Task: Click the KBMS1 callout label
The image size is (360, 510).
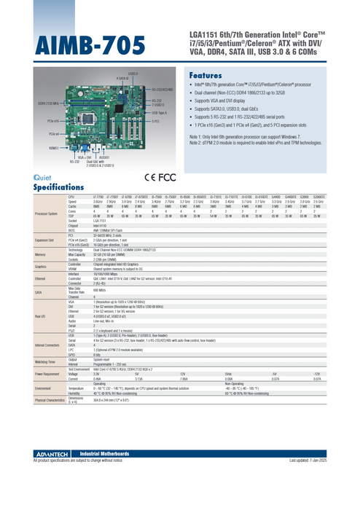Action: [x=54, y=148]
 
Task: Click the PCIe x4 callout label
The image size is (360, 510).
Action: [x=54, y=133]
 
